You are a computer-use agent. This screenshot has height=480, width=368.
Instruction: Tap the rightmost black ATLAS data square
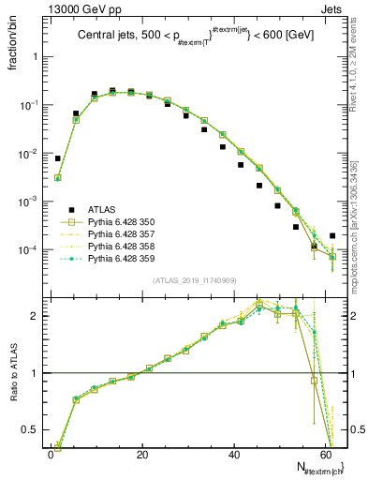tap(332, 236)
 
